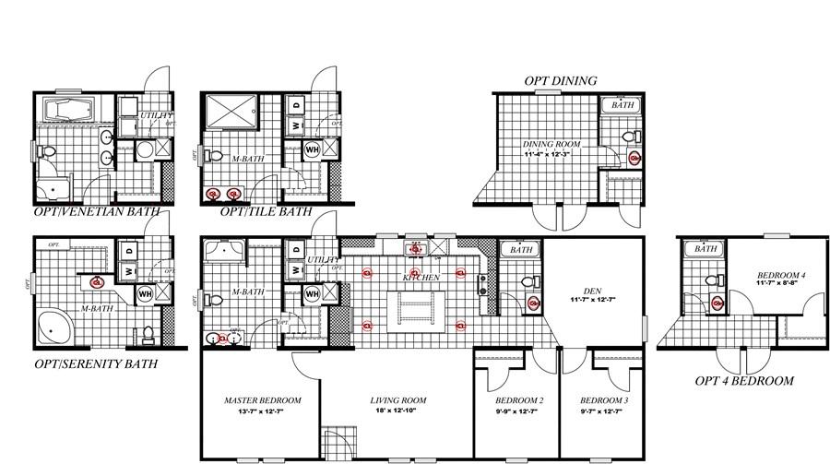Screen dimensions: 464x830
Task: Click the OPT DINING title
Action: (560, 81)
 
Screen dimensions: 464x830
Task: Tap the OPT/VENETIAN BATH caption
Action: (97, 211)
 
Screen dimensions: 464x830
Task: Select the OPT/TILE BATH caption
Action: (266, 211)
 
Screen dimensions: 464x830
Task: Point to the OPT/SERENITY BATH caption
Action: (96, 363)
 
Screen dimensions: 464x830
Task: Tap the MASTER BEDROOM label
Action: (263, 400)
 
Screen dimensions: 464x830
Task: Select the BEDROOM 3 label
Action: (604, 400)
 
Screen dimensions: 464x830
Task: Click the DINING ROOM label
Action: (549, 145)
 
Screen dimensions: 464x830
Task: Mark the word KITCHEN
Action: (421, 277)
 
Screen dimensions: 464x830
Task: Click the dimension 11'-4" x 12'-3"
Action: (549, 155)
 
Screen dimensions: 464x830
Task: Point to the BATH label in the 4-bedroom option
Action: (706, 249)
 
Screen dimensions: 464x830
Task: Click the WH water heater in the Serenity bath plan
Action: (145, 293)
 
